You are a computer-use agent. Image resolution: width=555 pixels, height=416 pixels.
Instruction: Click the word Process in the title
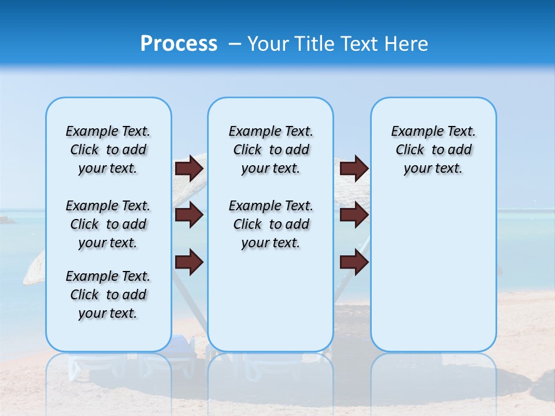point(179,44)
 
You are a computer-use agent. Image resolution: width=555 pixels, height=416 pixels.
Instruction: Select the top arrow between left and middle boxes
point(189,169)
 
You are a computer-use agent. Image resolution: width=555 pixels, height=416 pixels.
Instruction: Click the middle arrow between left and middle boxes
point(189,216)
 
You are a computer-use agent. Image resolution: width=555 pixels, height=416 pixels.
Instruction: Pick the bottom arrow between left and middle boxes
point(189,262)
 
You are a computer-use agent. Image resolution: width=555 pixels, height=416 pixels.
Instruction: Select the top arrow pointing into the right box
point(354,169)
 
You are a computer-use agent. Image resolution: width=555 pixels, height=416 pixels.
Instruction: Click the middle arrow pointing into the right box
point(354,216)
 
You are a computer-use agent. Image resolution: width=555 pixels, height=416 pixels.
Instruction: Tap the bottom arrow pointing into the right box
point(354,262)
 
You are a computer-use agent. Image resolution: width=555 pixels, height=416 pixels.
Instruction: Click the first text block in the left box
point(108,150)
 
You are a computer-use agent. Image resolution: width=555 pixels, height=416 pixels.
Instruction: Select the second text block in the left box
point(108,224)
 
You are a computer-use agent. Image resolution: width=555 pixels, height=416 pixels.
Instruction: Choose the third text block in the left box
point(108,295)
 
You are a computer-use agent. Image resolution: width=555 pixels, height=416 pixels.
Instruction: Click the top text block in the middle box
point(271,150)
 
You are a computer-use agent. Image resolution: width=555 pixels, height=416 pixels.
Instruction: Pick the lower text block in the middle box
point(271,224)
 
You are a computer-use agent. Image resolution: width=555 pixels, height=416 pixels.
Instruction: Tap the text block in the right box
point(433,150)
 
